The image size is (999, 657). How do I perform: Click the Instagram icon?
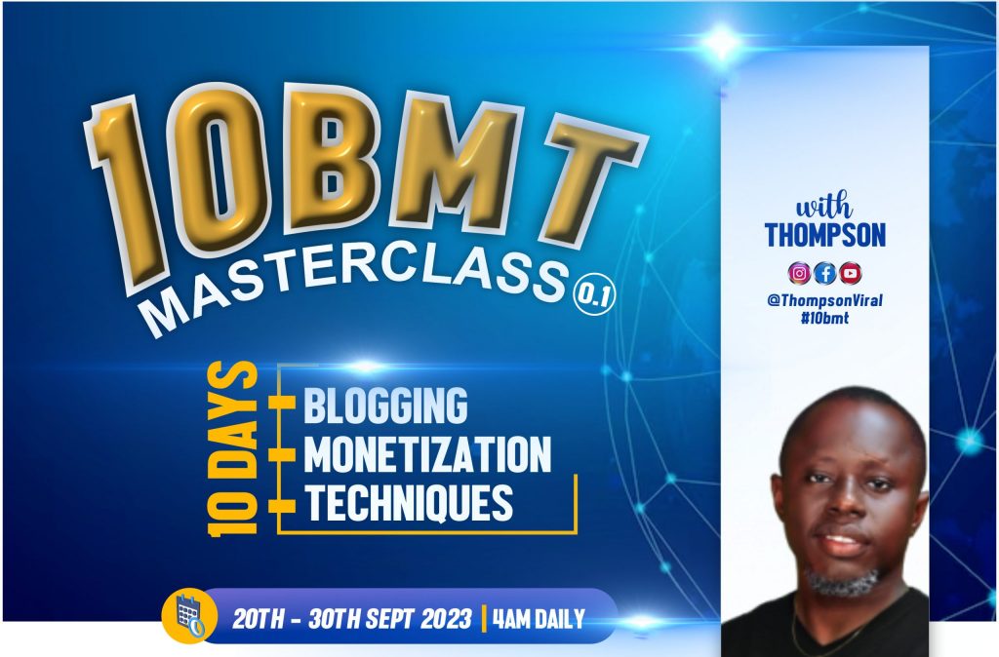[799, 273]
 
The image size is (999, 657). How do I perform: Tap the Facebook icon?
[825, 273]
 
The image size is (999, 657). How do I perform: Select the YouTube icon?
[851, 273]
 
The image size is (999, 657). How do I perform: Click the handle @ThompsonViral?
[825, 300]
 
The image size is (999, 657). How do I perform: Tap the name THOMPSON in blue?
[825, 234]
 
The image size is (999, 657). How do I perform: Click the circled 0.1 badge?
[594, 296]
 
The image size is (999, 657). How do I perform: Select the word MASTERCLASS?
[358, 288]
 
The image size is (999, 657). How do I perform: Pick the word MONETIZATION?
[427, 454]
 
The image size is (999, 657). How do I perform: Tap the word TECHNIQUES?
[409, 503]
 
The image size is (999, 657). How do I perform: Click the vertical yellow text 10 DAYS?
[232, 448]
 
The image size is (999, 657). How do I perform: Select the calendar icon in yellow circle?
[188, 615]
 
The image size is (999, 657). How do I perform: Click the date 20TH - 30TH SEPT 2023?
[351, 619]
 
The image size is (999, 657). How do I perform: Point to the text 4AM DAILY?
[539, 619]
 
